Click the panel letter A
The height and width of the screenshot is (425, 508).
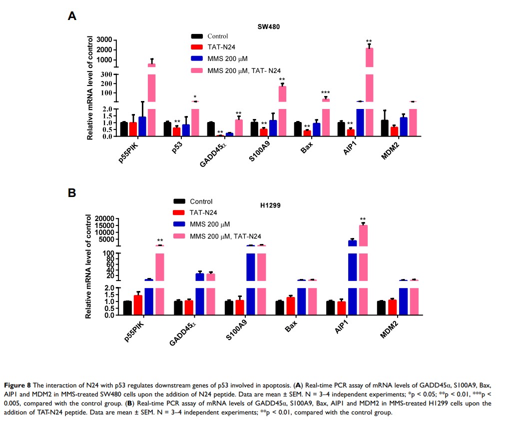pos(72,15)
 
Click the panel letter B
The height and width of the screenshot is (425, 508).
pos(72,193)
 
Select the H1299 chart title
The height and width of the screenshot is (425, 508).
pos(270,205)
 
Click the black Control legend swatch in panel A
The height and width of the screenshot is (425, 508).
pos(197,36)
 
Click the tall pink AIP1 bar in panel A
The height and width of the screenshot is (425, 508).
pos(369,90)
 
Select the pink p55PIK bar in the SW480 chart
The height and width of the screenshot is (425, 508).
pos(151,100)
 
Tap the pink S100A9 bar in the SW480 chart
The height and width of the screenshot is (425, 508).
pos(282,110)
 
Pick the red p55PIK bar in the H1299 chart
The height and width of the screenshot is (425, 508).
pos(138,305)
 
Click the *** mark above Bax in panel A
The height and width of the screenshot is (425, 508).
pos(326,92)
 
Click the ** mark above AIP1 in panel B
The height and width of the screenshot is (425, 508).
pos(363,219)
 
